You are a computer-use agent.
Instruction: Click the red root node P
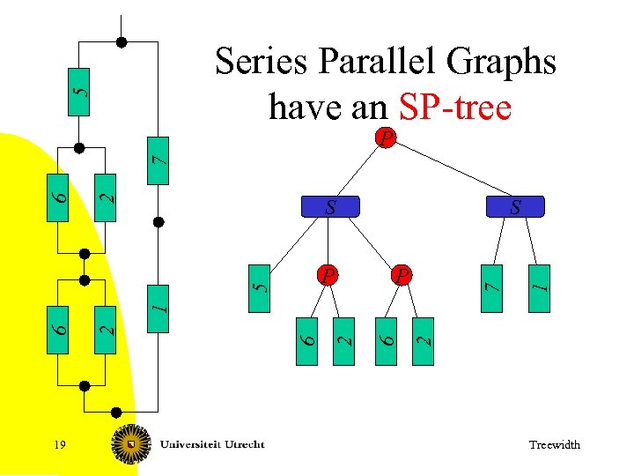[384, 138]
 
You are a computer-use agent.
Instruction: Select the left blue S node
[330, 207]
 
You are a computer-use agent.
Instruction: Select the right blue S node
[516, 207]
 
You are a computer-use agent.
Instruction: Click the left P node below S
[327, 274]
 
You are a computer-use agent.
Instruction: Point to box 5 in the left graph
[79, 91]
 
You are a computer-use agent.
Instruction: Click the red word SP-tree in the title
[454, 108]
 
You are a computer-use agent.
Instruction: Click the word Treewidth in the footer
[554, 445]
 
